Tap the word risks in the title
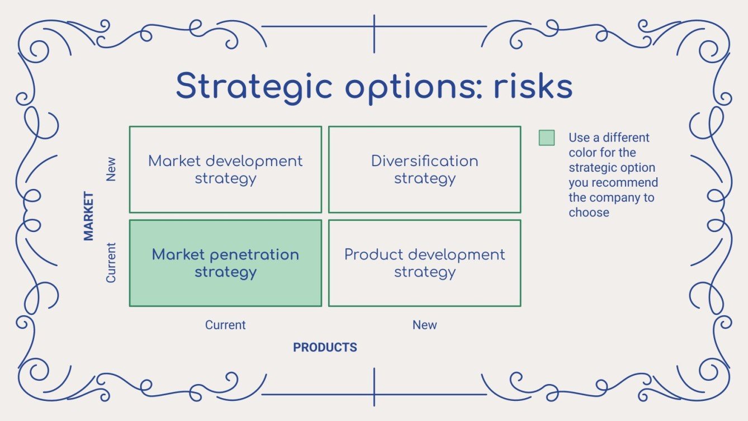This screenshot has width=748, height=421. [x=533, y=86]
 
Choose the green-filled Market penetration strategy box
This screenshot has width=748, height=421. [x=225, y=263]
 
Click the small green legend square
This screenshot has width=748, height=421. [x=547, y=138]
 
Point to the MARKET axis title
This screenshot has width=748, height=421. [x=88, y=216]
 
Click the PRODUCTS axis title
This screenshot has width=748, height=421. [x=325, y=347]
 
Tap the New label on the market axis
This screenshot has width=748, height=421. [x=111, y=169]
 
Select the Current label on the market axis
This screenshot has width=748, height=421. [x=111, y=263]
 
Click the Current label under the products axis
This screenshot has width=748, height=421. [x=225, y=325]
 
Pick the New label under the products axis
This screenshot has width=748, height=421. [x=424, y=325]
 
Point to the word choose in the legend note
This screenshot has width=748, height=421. [x=589, y=212]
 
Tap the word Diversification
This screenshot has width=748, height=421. [x=425, y=161]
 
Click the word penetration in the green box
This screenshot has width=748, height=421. [x=254, y=256]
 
